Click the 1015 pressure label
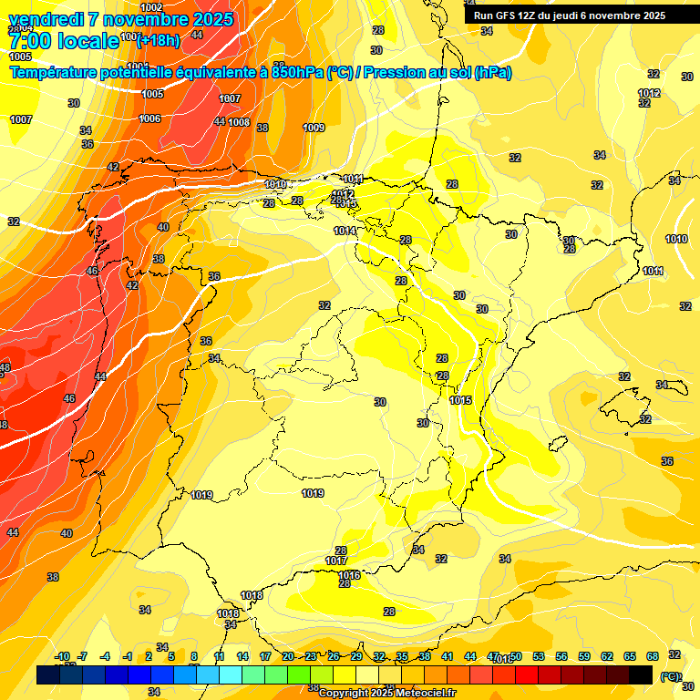pos(460,400)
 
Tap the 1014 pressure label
pos(345,231)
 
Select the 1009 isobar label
pos(314,128)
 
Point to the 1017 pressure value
pos(335,561)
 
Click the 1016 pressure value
pos(349,575)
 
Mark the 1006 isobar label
pos(149,118)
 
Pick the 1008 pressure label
pos(239,122)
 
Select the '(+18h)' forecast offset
pos(159,38)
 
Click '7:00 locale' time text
pos(64,41)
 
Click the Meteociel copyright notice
pos(387,693)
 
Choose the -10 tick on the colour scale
pos(61,656)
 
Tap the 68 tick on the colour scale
pos(653,656)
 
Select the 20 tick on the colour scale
pos(288,656)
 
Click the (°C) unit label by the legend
pos(670,676)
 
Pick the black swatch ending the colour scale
pos(641,674)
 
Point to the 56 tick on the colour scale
pos(561,656)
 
